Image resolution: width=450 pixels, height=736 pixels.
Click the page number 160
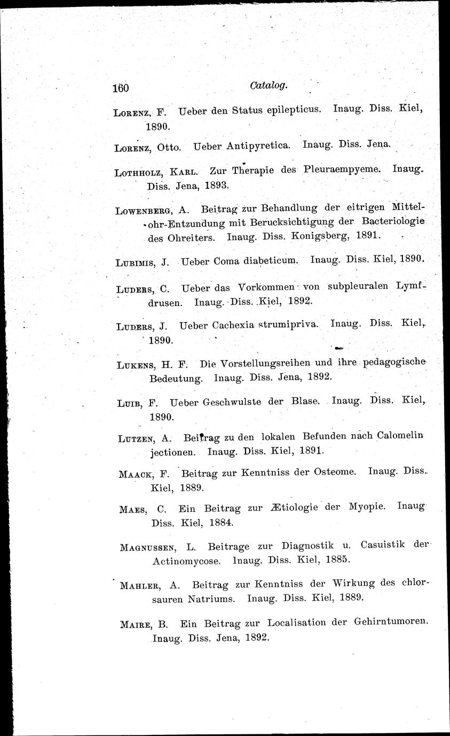click(122, 88)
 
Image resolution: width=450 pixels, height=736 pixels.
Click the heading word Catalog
click(269, 85)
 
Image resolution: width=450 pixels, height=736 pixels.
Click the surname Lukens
click(136, 365)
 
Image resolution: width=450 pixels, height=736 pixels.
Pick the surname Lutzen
click(136, 439)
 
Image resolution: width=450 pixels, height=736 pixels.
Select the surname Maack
click(135, 473)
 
